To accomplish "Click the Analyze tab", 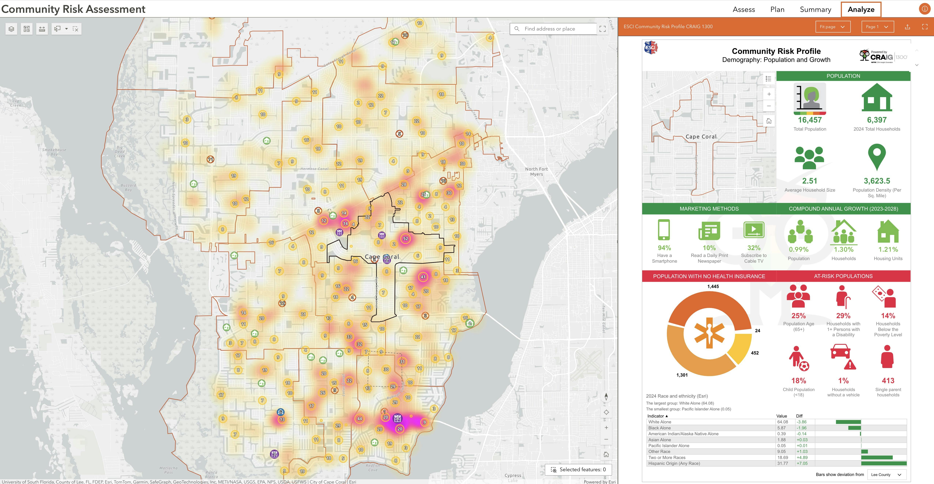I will click(861, 9).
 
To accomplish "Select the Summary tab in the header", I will click(815, 9).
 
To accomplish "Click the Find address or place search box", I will click(555, 29).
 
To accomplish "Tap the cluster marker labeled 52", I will click(405, 239).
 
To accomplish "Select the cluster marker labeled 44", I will click(359, 419).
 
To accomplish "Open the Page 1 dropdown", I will click(877, 26).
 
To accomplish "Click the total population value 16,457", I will click(810, 120).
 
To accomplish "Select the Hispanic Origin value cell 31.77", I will click(782, 463).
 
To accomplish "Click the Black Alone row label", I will click(659, 428).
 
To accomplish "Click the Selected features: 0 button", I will click(579, 470).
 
